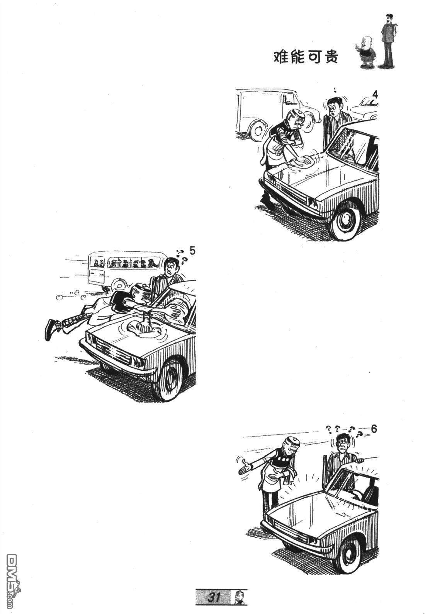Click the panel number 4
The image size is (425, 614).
pyautogui.click(x=375, y=95)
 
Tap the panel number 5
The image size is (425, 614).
pyautogui.click(x=192, y=251)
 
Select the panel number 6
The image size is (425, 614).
pyautogui.click(x=374, y=429)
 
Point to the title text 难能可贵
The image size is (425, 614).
pyautogui.click(x=306, y=57)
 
